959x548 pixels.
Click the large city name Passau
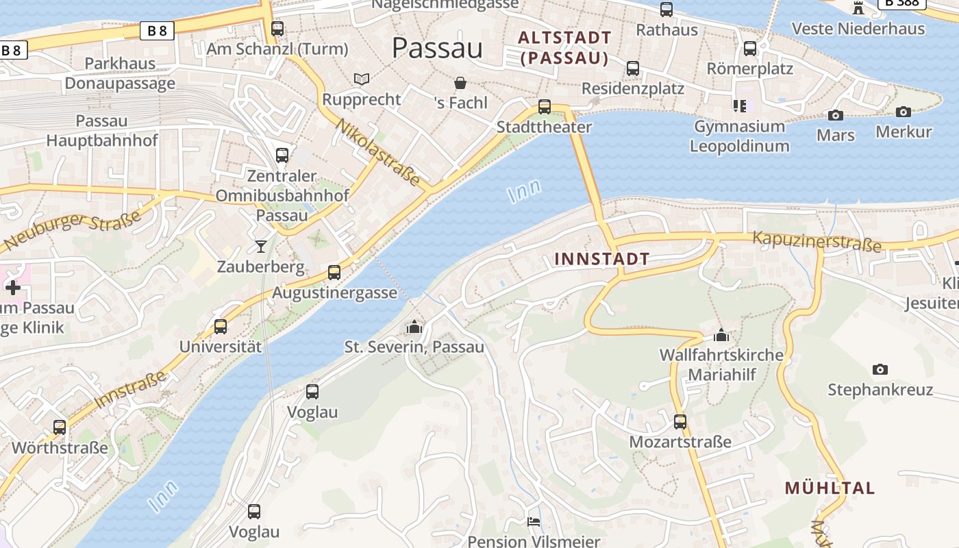(x=437, y=48)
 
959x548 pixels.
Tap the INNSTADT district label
(x=601, y=259)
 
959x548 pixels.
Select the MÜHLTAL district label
(x=830, y=488)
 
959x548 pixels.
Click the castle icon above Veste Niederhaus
(x=858, y=8)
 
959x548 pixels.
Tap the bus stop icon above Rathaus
(x=667, y=10)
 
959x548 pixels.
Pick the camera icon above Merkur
(x=904, y=112)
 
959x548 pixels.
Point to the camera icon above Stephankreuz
(x=880, y=369)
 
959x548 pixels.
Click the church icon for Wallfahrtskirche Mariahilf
(x=721, y=336)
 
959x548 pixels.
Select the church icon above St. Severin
(x=414, y=327)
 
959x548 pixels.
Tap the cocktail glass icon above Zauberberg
(x=261, y=246)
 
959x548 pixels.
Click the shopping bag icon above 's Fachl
(x=461, y=83)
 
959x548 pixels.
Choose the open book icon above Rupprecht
(x=361, y=79)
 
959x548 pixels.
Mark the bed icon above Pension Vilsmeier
(x=534, y=522)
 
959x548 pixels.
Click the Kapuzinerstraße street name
(x=817, y=241)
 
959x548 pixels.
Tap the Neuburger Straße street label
(x=72, y=230)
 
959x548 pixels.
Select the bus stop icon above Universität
(x=221, y=326)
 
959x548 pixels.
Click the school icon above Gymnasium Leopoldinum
(x=739, y=105)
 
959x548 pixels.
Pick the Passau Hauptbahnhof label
(x=102, y=131)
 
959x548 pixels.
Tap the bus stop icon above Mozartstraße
(x=680, y=421)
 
